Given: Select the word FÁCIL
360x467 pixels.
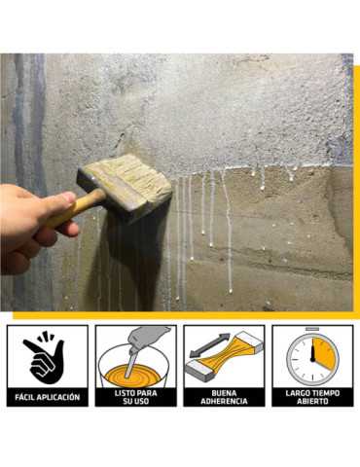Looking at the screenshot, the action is point(24,397).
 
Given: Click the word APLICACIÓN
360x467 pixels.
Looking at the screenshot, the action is point(58,397).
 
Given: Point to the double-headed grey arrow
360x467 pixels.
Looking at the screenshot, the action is point(208,346).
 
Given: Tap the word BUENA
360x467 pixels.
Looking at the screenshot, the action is point(224,393).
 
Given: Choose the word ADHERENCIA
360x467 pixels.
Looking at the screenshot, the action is point(224,402).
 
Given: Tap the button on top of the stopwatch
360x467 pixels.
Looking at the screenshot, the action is point(312,329).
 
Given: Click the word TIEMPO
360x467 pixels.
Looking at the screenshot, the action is point(325,393).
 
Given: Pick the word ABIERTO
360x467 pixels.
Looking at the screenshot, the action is point(312,402).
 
